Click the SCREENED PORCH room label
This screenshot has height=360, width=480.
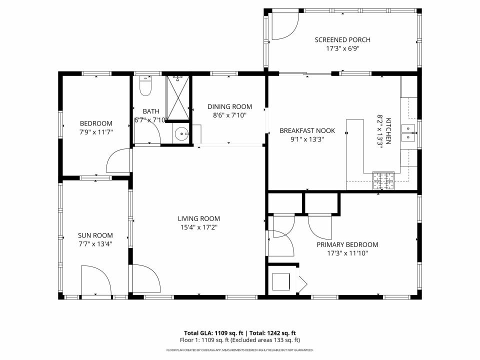click(342, 40)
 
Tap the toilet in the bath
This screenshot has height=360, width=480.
click(145, 86)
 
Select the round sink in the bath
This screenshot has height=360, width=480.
click(181, 133)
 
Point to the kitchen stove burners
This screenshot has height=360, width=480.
click(383, 180)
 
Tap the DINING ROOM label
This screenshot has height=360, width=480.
click(229, 106)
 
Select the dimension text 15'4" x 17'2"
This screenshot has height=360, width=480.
click(199, 227)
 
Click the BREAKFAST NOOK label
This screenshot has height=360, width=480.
click(307, 130)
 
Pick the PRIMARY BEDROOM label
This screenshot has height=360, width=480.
click(347, 244)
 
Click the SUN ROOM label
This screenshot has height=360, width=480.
click(95, 235)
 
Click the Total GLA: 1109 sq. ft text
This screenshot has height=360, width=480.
click(215, 332)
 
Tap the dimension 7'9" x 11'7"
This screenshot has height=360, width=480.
click(96, 132)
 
